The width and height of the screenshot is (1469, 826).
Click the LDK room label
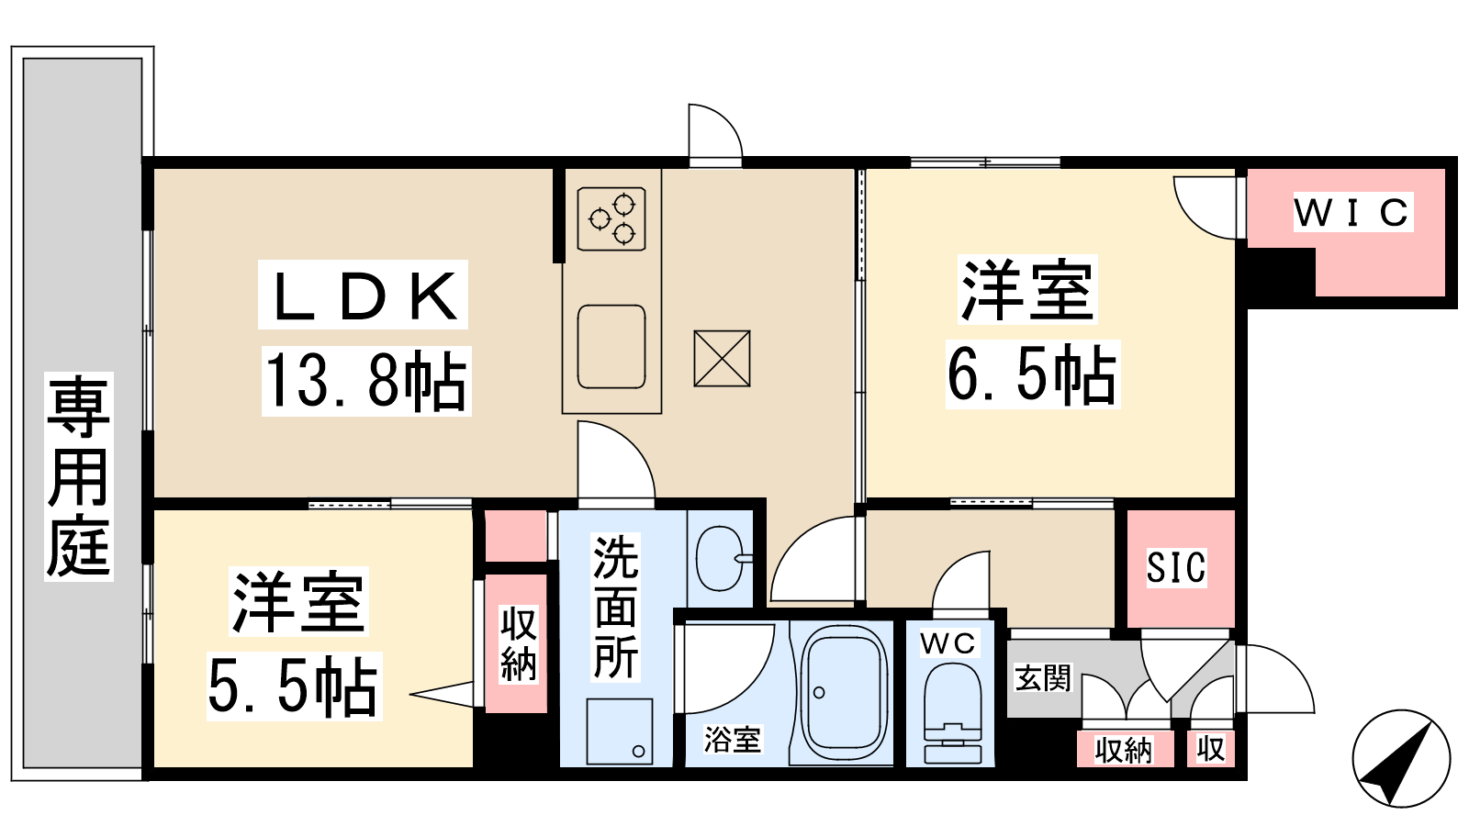(364, 295)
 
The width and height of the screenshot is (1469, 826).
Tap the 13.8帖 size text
(366, 381)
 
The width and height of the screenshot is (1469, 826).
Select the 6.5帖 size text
(1032, 374)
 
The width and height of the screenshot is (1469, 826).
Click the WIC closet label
(1352, 212)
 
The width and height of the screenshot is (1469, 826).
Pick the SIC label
(1176, 567)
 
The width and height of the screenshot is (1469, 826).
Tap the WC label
(948, 643)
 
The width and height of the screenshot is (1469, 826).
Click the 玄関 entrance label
(1043, 678)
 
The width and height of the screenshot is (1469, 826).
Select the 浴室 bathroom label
(733, 740)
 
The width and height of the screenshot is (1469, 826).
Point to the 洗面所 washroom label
(616, 607)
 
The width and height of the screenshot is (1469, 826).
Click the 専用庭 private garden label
(79, 475)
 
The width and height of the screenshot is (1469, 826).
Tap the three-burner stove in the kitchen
(611, 219)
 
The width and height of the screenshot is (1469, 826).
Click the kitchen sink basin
(611, 347)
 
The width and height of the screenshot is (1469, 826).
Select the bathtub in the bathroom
(843, 692)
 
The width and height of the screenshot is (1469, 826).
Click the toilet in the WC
(953, 713)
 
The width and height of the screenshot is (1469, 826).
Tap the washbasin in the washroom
(720, 558)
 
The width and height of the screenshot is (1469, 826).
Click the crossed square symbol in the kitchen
(722, 359)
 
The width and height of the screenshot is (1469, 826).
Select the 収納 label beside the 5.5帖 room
(519, 643)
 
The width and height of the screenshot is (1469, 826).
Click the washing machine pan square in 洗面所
(620, 731)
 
